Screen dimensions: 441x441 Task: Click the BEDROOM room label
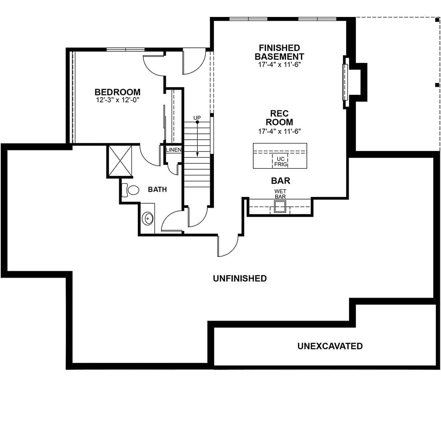tap(117, 92)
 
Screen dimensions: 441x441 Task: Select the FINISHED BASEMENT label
tap(279, 52)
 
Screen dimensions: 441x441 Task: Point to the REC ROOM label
tap(279, 118)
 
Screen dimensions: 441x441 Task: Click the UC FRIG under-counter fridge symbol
tap(280, 162)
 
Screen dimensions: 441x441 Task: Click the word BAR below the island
tap(280, 181)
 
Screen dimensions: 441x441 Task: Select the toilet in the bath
tap(131, 190)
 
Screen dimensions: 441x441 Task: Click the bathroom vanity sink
tap(148, 218)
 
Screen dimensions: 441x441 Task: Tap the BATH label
tap(157, 190)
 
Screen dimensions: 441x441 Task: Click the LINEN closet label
tap(173, 150)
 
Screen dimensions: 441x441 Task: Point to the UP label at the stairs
tap(197, 118)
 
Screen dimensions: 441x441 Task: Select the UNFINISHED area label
tap(240, 279)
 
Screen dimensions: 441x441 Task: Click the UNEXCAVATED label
tap(330, 346)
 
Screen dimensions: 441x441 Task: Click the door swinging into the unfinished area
tap(228, 246)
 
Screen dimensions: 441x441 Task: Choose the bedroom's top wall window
tap(125, 50)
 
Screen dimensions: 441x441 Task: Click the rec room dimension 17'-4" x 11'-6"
tap(279, 131)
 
